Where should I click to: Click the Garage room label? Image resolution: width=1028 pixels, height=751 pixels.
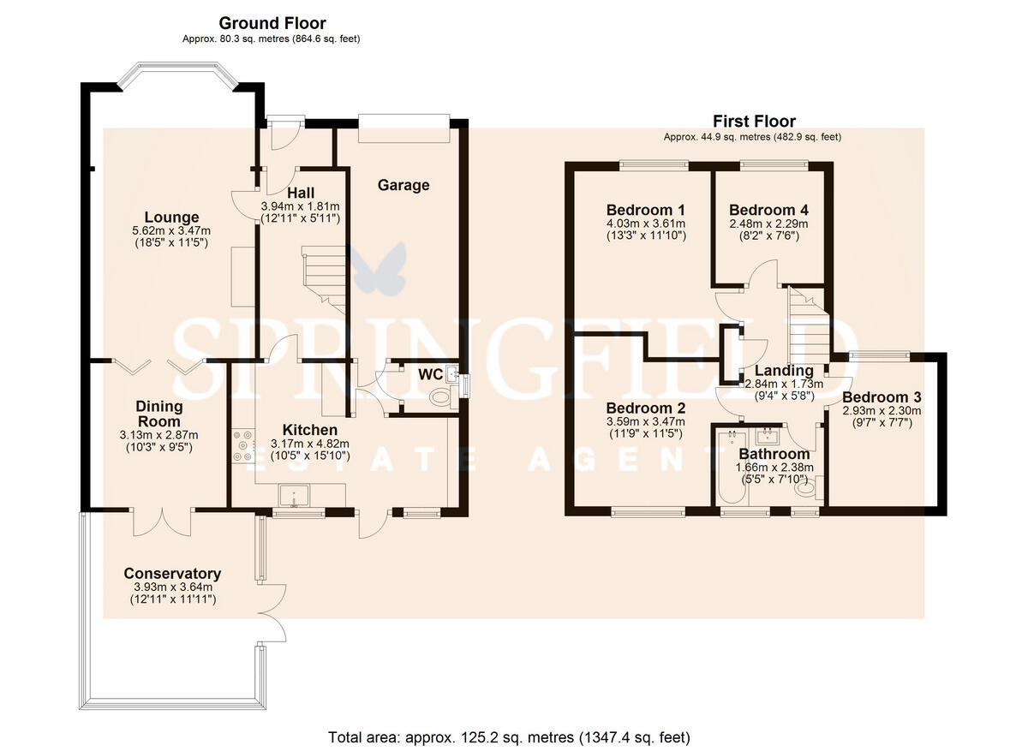[x=403, y=185]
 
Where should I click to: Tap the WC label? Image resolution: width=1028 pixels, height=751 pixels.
[x=430, y=375]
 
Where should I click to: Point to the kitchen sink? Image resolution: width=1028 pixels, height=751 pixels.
[x=294, y=496]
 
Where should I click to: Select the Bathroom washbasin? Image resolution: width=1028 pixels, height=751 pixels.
[x=767, y=436]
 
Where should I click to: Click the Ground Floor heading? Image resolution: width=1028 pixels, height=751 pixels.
[x=272, y=23]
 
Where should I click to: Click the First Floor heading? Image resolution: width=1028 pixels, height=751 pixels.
[x=754, y=122]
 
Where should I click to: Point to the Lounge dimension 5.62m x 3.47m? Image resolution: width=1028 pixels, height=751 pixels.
[x=171, y=230]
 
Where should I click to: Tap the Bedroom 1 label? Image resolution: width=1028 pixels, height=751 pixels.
[x=646, y=210]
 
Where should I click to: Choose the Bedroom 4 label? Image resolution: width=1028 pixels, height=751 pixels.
[x=768, y=210]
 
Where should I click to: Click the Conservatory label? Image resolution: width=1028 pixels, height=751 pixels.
[x=172, y=574]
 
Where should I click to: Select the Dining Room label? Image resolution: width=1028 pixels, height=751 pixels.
[x=159, y=414]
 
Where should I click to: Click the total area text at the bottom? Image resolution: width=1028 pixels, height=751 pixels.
[x=509, y=737]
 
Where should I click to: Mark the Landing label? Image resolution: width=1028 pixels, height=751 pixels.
[x=785, y=371]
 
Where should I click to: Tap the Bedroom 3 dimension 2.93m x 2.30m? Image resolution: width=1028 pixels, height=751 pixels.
[x=882, y=411]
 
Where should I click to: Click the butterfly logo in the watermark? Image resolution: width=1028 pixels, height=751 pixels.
[x=376, y=268]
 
